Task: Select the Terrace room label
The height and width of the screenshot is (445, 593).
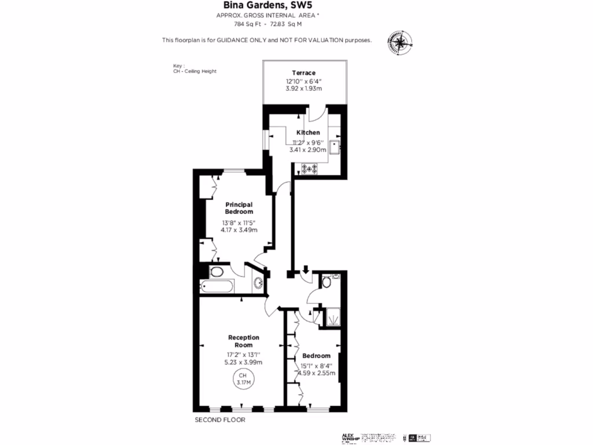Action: tap(303, 72)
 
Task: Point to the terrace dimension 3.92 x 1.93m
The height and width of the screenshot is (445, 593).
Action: tap(303, 89)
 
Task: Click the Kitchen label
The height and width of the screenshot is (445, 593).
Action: tap(308, 133)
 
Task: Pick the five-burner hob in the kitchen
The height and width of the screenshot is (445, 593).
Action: tap(309, 169)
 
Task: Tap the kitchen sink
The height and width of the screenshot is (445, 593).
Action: tap(335, 148)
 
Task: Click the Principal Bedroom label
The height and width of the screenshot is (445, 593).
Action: tap(239, 207)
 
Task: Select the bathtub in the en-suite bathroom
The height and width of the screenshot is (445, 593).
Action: tap(216, 286)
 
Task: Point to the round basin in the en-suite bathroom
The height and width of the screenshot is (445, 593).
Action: tap(258, 283)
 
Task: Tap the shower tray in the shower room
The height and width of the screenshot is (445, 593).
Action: tap(332, 316)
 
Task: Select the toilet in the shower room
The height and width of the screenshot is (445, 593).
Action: tap(326, 282)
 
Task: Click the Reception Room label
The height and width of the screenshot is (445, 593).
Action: tap(243, 341)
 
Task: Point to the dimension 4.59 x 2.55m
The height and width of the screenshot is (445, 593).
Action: tap(316, 373)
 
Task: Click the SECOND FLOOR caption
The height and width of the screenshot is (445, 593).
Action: tap(219, 420)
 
